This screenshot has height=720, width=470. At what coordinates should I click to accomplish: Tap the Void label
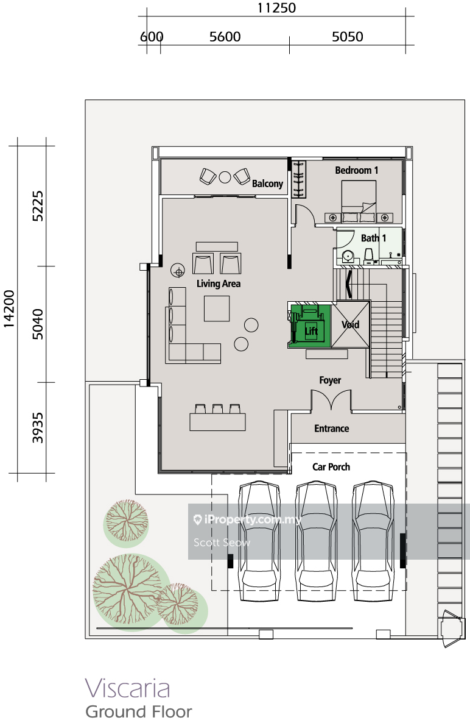pyautogui.click(x=350, y=325)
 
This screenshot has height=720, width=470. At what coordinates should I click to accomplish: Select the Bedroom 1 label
pyautogui.click(x=357, y=170)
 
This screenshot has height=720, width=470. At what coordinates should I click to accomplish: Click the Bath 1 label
pyautogui.click(x=374, y=238)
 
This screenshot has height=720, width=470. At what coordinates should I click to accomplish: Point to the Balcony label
pyautogui.click(x=267, y=184)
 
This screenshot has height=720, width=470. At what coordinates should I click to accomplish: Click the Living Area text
pyautogui.click(x=219, y=283)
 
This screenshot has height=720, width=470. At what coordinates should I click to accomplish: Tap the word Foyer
pyautogui.click(x=330, y=380)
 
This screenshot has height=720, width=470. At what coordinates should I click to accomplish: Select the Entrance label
pyautogui.click(x=332, y=429)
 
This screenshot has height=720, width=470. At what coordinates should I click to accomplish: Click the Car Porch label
pyautogui.click(x=331, y=467)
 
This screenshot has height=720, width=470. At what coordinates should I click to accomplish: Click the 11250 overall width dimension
pyautogui.click(x=276, y=9)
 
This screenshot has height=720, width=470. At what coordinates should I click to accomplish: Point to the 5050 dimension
pyautogui.click(x=348, y=37)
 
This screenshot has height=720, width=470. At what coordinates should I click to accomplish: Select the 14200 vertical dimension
pyautogui.click(x=9, y=309)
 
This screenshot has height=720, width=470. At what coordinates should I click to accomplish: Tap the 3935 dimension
pyautogui.click(x=38, y=428)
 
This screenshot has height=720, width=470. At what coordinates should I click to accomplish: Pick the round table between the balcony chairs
pyautogui.click(x=225, y=177)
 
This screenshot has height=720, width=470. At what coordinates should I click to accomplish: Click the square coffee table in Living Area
pyautogui.click(x=217, y=308)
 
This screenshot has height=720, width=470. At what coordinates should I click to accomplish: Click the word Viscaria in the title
pyautogui.click(x=127, y=688)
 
